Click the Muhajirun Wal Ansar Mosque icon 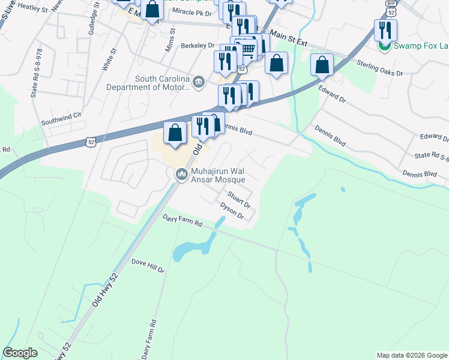pyautogui.click(x=181, y=175)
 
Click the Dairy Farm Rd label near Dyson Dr pyautogui.click(x=182, y=221)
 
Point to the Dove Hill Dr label pyautogui.click(x=148, y=266)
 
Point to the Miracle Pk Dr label pyautogui.click(x=192, y=13)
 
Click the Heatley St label pyautogui.click(x=33, y=7)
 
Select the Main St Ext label pyautogui.click(x=289, y=38)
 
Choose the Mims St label pyautogui.click(x=170, y=40)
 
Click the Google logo pyautogui.click(x=20, y=353)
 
